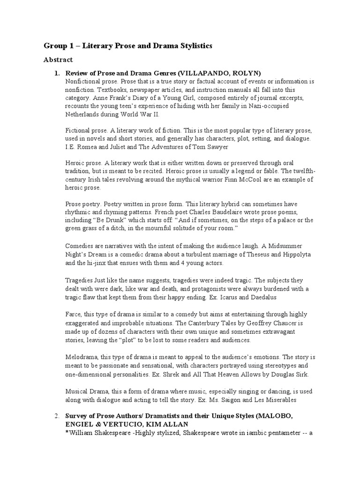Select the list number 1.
point(57,73)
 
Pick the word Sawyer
point(217,147)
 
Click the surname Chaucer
point(271,323)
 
